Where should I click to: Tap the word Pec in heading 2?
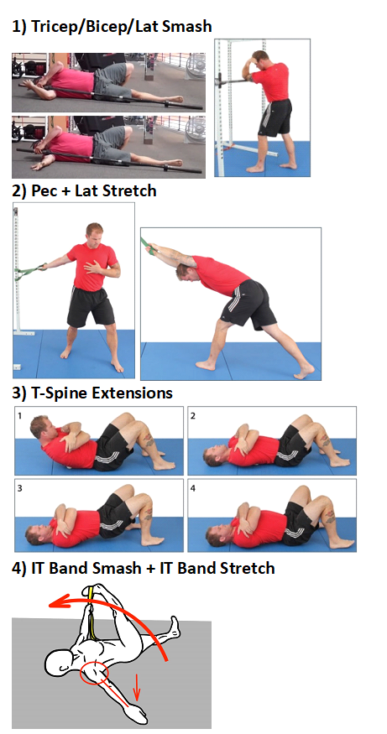pos(42,190)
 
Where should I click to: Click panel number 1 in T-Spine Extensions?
pos(20,415)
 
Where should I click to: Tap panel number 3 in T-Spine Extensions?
pos(20,488)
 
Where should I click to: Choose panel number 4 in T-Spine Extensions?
pos(193,488)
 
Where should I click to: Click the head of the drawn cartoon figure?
pos(60,663)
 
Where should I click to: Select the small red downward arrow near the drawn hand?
pos(138,686)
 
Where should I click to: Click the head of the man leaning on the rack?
pos(259,59)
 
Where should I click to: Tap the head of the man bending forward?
pos(183,272)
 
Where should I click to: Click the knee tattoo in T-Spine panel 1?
pos(148,439)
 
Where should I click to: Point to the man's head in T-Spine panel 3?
pos(35,533)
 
